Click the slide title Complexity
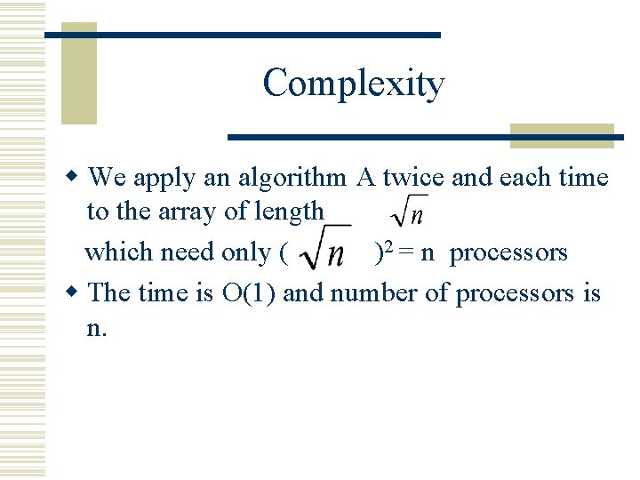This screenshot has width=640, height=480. click(x=353, y=84)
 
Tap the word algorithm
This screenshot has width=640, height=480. click(x=292, y=178)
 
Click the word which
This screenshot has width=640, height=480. click(x=117, y=252)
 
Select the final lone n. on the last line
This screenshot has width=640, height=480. click(x=97, y=328)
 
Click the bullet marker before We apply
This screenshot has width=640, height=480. click(x=77, y=178)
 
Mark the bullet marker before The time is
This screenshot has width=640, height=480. click(x=77, y=292)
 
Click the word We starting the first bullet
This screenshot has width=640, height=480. click(x=108, y=178)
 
